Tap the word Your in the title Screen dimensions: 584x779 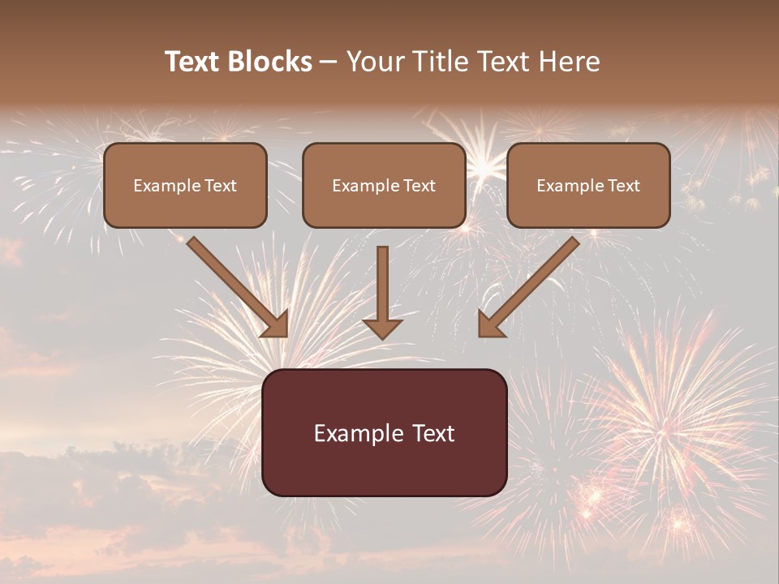coord(376,62)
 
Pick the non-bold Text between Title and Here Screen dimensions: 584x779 coord(503,62)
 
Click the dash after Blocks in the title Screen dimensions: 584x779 coord(329,62)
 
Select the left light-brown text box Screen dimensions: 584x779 coord(185,185)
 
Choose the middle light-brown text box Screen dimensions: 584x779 coord(384,185)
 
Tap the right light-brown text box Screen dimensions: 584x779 coord(588,185)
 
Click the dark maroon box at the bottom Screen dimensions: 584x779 coord(384,432)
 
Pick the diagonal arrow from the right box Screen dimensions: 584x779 coord(528,286)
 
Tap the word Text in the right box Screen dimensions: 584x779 coord(624,186)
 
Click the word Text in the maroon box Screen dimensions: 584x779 coord(433,433)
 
